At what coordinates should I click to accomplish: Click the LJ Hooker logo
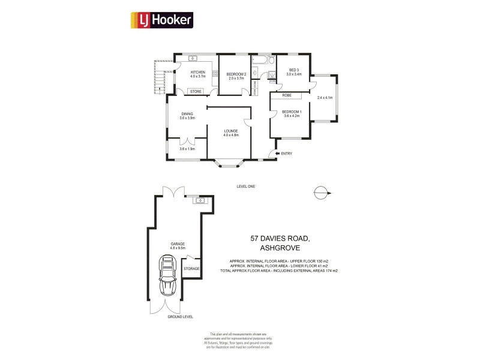(x=161, y=20)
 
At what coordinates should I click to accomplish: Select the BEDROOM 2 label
(x=237, y=74)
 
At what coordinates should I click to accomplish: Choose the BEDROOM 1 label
(x=292, y=112)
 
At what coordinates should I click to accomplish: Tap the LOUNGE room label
(x=231, y=131)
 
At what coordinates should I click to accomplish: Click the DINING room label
(x=187, y=114)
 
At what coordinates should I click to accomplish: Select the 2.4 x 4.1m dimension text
(x=324, y=98)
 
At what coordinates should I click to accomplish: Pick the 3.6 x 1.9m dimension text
(x=187, y=149)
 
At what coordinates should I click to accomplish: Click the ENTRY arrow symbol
(x=277, y=154)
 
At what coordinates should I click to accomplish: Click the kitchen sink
(x=193, y=58)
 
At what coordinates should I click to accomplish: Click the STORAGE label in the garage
(x=191, y=268)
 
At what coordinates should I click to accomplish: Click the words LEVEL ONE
(x=245, y=187)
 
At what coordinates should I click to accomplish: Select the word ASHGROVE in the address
(x=280, y=247)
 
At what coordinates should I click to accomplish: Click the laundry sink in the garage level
(x=200, y=200)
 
